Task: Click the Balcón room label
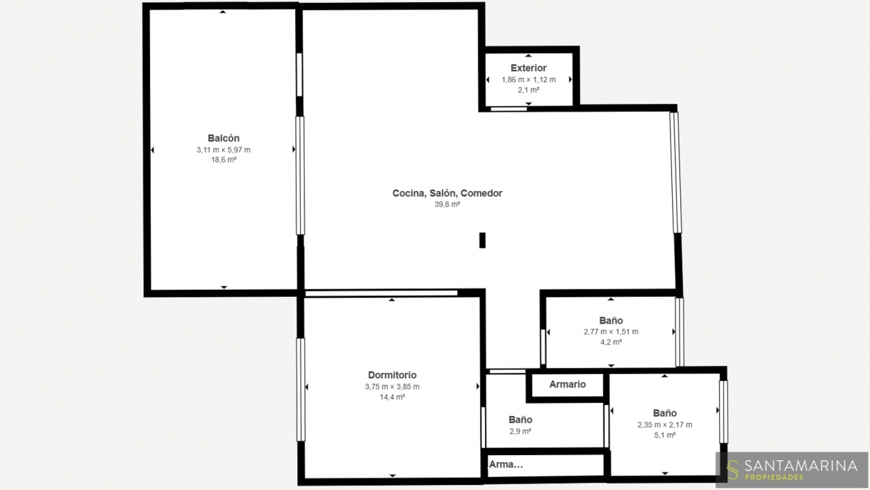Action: click(x=223, y=138)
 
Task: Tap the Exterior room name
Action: click(x=529, y=68)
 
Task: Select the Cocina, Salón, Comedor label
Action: click(x=447, y=193)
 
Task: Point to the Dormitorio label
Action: click(x=392, y=375)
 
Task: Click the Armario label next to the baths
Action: click(x=568, y=384)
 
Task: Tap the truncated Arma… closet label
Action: click(x=506, y=465)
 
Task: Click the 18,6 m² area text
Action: click(x=224, y=160)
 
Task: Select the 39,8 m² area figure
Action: click(x=447, y=205)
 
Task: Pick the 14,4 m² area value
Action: click(x=392, y=397)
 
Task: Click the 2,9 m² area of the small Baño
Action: click(x=521, y=431)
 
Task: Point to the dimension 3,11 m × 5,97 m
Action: click(x=223, y=150)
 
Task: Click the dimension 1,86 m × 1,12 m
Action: click(x=529, y=80)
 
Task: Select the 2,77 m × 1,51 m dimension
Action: click(x=611, y=332)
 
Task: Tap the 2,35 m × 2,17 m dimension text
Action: click(x=665, y=425)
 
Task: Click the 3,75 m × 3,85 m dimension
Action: click(x=392, y=386)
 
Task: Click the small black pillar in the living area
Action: click(x=482, y=240)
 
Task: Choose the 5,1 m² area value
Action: click(x=665, y=435)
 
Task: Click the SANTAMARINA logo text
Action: click(x=801, y=465)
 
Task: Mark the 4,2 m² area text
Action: click(x=611, y=342)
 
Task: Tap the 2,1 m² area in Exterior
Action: click(x=529, y=90)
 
